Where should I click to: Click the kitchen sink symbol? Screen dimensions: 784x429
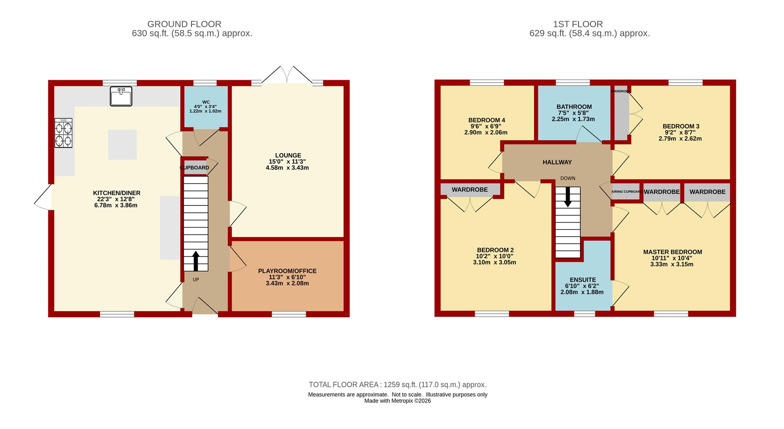[121, 96]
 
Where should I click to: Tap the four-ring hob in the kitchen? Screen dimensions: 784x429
[63, 133]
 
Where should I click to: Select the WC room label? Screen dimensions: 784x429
[206, 102]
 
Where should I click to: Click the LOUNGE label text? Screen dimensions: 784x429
[288, 155]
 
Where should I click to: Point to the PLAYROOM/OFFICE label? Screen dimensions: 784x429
[287, 271]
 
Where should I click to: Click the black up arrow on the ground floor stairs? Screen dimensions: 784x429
[196, 261]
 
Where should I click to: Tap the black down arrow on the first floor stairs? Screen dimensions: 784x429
[568, 197]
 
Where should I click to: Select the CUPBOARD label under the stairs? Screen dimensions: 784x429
[194, 168]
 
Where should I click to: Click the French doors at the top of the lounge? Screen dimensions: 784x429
[287, 74]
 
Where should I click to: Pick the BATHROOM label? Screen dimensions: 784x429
[574, 107]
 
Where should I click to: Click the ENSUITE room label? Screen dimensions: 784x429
[583, 280]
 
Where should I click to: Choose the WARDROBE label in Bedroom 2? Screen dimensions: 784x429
[470, 190]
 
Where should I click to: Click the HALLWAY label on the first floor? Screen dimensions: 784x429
[557, 162]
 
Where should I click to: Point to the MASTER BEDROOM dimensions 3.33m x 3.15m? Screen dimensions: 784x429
[672, 264]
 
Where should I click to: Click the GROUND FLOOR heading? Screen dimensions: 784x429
[184, 24]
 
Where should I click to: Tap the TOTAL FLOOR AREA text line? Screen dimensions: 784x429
[397, 384]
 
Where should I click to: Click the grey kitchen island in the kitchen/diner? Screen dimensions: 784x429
[122, 144]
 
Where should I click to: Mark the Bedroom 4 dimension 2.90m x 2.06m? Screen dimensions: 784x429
[486, 133]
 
